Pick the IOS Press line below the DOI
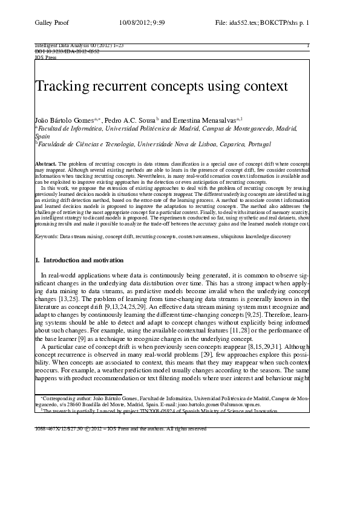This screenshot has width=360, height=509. pyautogui.click(x=45, y=57)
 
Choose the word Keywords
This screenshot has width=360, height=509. pyautogui.click(x=47, y=236)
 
